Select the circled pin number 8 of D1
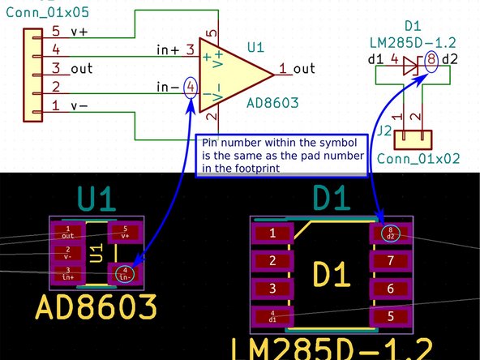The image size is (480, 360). (431, 60)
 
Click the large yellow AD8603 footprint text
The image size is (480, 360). (96, 307)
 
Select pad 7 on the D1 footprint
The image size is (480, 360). (390, 261)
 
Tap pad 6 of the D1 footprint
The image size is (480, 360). (390, 289)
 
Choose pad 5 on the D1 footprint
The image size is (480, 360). (390, 316)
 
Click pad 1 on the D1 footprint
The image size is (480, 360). (273, 234)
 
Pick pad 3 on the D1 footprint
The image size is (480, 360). (273, 289)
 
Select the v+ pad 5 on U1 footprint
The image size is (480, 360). (124, 232)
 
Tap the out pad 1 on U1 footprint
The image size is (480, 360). (68, 232)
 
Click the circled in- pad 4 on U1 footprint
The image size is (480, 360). (124, 273)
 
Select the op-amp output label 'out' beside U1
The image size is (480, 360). (305, 71)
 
